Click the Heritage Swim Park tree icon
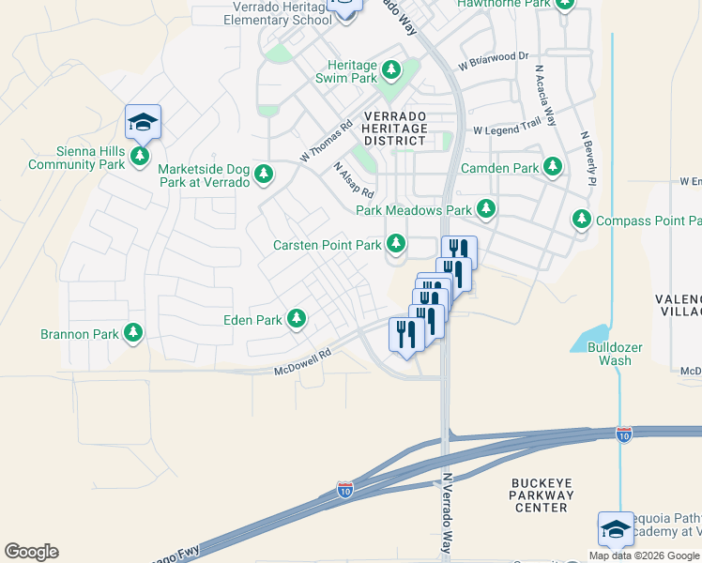[x=391, y=70]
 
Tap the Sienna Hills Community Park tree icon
[x=140, y=155]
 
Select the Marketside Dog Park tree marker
[x=265, y=173]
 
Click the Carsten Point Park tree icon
[x=396, y=244]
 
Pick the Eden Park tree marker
[x=297, y=319]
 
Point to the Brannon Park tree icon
[x=133, y=332]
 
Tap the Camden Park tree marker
[x=553, y=167]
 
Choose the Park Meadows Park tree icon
[x=485, y=209]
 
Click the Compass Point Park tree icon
[x=582, y=220]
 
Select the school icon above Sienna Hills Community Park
[x=143, y=121]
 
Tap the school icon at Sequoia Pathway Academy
[x=616, y=529]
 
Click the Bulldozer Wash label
[x=615, y=354]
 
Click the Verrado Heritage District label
[x=395, y=128]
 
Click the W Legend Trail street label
[x=507, y=127]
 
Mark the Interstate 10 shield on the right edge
[x=624, y=434]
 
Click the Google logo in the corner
[x=31, y=552]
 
